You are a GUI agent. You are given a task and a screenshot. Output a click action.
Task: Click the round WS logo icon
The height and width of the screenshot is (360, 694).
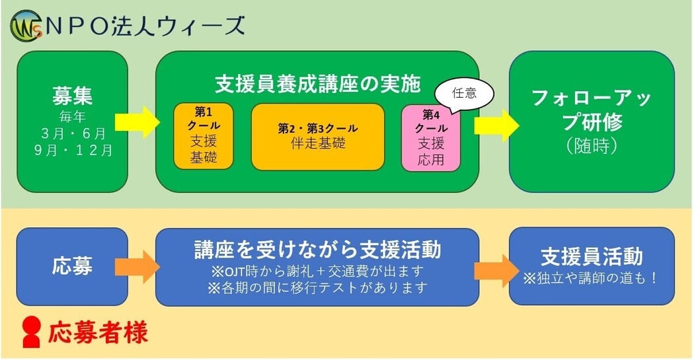point(24,26)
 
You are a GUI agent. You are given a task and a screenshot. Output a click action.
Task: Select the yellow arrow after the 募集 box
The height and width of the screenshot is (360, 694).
point(137,122)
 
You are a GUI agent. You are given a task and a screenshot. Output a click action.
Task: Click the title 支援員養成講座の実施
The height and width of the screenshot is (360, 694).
point(317,83)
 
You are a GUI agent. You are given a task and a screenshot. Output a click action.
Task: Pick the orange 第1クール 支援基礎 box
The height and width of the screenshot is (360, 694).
point(204,136)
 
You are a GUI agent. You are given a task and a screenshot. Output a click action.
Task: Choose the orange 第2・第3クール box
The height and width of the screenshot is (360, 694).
point(317,136)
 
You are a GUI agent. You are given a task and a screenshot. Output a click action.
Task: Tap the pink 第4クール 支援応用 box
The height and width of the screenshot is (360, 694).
point(431,136)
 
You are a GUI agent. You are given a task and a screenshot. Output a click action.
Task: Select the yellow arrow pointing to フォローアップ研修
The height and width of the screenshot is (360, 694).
point(495,122)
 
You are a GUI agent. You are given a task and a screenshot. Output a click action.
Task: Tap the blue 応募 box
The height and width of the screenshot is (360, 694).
point(72,266)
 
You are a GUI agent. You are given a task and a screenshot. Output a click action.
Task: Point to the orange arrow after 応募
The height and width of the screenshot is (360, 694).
point(137,266)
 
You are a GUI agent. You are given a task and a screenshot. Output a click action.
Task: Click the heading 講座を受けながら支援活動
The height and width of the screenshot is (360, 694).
point(317,250)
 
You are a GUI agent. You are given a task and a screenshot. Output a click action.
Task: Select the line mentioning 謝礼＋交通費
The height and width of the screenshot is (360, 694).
point(317,271)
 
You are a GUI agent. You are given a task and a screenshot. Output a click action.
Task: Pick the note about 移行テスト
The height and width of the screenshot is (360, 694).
point(317,288)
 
